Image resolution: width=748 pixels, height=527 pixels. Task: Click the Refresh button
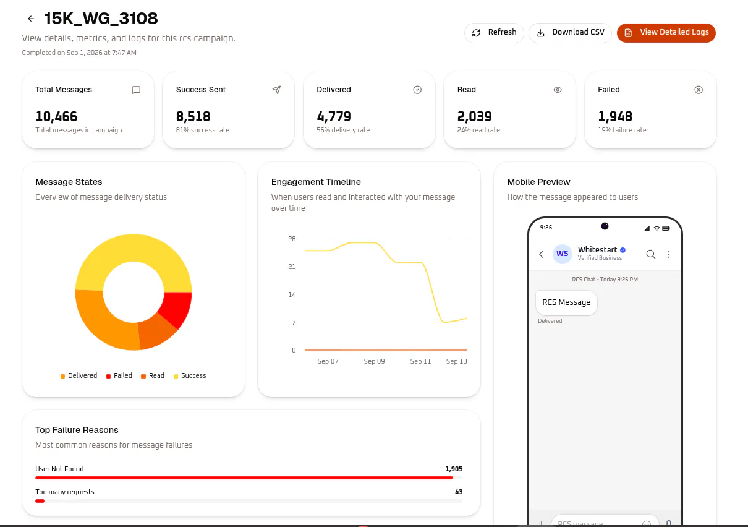(494, 32)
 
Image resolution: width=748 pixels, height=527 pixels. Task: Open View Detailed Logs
(666, 32)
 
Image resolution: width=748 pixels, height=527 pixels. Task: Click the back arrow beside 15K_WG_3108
(31, 19)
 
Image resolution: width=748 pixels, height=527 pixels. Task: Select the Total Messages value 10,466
(56, 116)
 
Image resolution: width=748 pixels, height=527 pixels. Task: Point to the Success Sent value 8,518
(193, 116)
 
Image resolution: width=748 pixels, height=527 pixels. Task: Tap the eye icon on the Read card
(558, 90)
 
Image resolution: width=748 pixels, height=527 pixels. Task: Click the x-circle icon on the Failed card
(699, 90)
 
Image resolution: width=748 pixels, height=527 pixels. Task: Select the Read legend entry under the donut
(153, 375)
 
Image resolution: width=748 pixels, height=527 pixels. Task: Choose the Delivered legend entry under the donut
(79, 375)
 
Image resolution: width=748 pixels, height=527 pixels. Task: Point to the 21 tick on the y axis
(292, 267)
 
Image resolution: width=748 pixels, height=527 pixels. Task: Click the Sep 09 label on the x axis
(375, 361)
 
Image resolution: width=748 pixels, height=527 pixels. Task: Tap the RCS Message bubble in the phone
(566, 302)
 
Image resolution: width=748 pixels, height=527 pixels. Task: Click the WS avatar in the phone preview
(563, 254)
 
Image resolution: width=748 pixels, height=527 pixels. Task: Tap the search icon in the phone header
(651, 254)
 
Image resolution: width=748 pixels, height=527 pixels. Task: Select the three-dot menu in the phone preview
(669, 254)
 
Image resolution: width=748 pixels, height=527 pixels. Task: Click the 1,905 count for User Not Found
(454, 469)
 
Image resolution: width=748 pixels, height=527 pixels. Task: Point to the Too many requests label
(65, 492)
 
